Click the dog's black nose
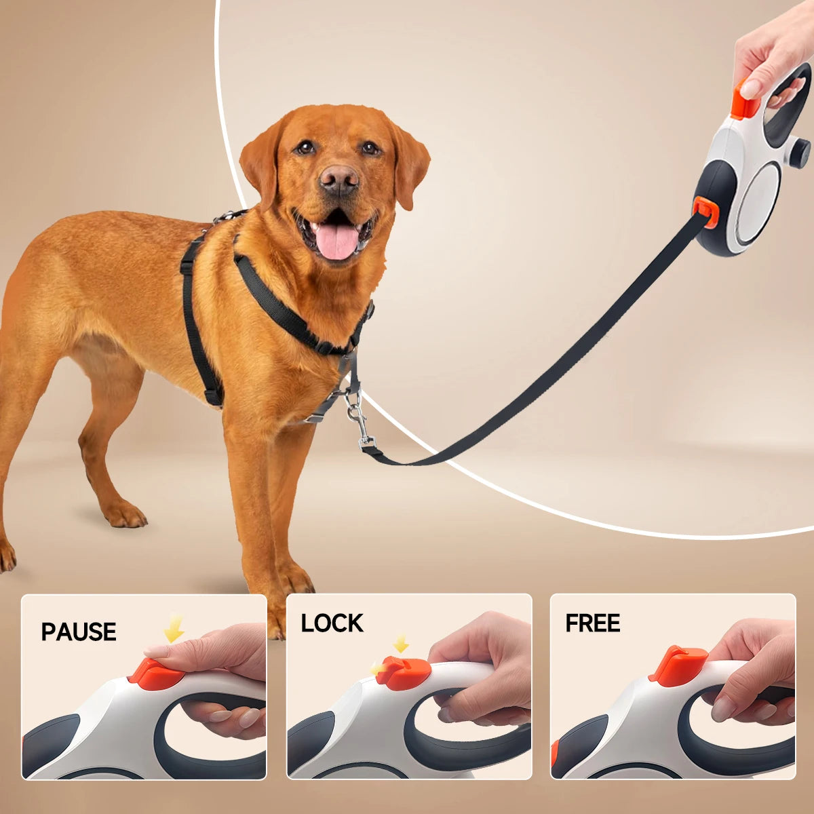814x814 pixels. click(x=338, y=178)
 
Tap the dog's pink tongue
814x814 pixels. click(x=337, y=241)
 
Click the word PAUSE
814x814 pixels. click(x=79, y=632)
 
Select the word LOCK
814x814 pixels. click(x=332, y=623)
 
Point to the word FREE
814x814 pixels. click(x=592, y=623)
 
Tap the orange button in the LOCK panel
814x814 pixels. click(x=404, y=672)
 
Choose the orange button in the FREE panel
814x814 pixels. click(x=678, y=665)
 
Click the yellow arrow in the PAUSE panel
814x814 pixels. click(x=174, y=627)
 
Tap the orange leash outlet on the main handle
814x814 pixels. click(x=706, y=211)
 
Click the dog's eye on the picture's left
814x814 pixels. click(x=306, y=147)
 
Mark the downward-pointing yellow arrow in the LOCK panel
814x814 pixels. click(x=401, y=642)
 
